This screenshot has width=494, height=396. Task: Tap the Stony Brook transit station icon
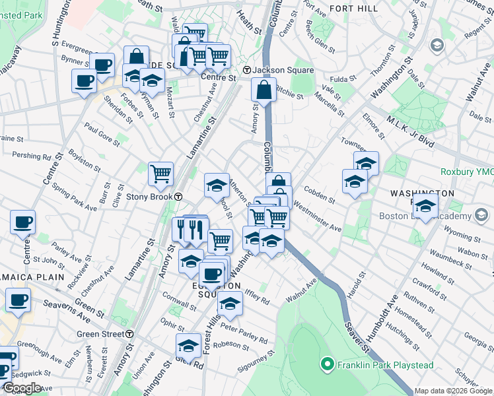[x=178, y=197]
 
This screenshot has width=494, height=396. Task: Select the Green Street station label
[x=100, y=335]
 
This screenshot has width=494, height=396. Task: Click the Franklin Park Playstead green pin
[x=326, y=364]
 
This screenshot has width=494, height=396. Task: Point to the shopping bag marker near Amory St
[x=264, y=90]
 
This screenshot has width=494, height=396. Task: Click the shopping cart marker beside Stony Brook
[x=160, y=174]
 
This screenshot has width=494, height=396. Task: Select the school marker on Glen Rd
[x=188, y=345]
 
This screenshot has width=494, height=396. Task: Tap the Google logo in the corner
[x=22, y=387]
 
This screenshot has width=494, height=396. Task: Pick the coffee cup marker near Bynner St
[x=102, y=65]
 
